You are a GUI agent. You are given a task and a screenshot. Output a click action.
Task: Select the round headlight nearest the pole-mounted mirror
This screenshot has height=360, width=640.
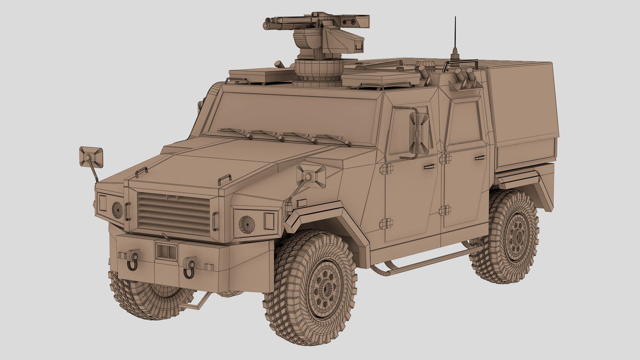point(117,210)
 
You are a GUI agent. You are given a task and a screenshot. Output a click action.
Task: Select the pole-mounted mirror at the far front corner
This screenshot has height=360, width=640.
point(91,156)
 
